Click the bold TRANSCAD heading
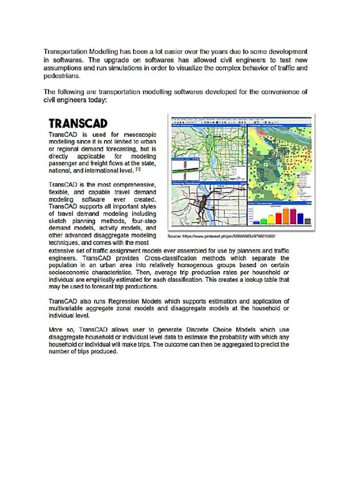coord(78,123)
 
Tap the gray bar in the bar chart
coord(307,221)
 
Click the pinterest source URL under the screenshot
coord(221,236)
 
